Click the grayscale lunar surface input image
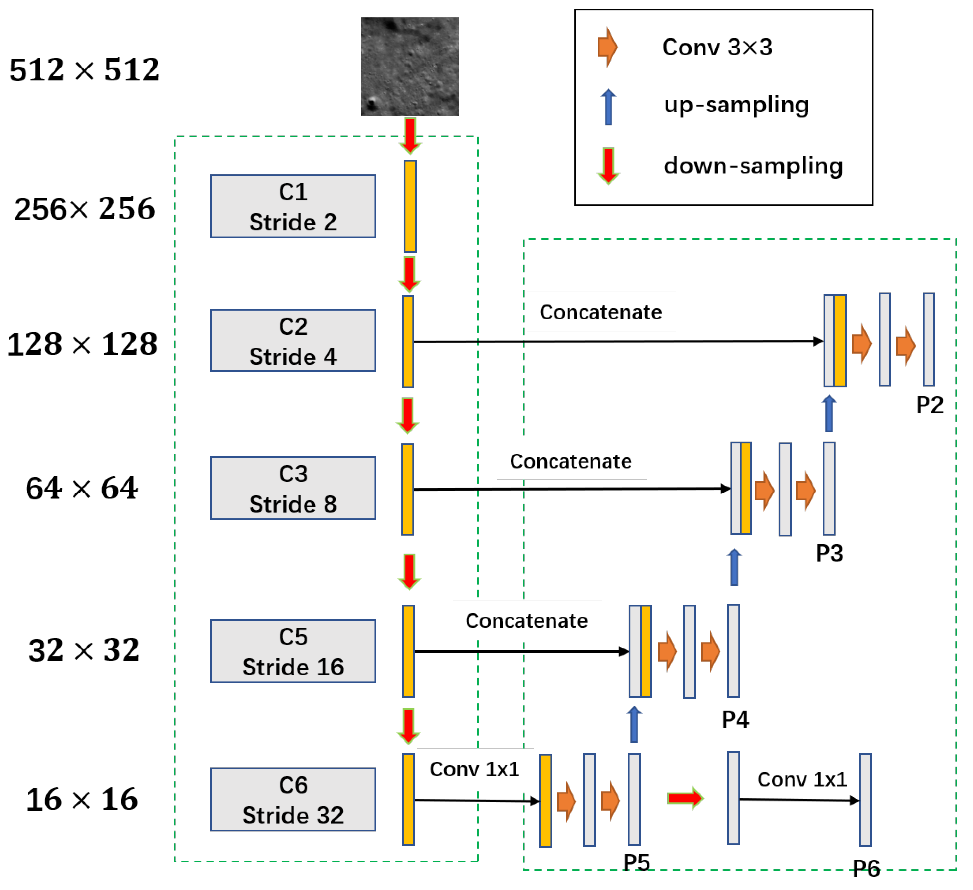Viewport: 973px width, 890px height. pyautogui.click(x=409, y=66)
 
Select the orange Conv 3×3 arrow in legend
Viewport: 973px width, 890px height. pyautogui.click(x=607, y=47)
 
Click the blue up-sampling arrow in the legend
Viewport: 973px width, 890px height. pyautogui.click(x=608, y=107)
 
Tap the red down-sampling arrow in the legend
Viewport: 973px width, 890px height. pyautogui.click(x=608, y=165)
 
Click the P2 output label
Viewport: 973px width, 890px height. pyautogui.click(x=929, y=405)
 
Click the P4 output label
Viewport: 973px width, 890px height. pyautogui.click(x=735, y=720)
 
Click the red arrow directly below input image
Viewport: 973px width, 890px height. pyautogui.click(x=410, y=135)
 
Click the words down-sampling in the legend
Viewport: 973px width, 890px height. pyautogui.click(x=753, y=165)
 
